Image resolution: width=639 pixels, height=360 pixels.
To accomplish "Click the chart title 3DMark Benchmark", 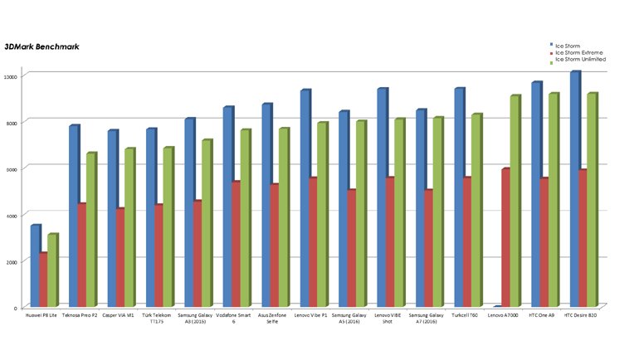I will [x=41, y=46].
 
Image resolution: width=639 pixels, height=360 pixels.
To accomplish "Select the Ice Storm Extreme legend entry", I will [x=580, y=51].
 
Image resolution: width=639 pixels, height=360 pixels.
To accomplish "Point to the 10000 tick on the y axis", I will [x=11, y=76].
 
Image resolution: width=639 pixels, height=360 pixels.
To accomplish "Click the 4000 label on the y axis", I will [x=12, y=216].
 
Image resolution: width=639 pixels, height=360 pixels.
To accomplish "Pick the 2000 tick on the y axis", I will [x=12, y=262].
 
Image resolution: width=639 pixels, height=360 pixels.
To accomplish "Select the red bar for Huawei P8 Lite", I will [x=43, y=280].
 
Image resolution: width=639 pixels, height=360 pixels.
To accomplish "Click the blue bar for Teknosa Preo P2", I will [x=73, y=216].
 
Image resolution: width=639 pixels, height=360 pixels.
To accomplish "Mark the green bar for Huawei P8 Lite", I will [x=52, y=270].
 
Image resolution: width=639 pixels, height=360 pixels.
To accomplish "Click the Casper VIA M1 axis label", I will [x=120, y=315].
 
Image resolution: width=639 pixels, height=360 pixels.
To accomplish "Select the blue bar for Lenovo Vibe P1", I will [x=305, y=198].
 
